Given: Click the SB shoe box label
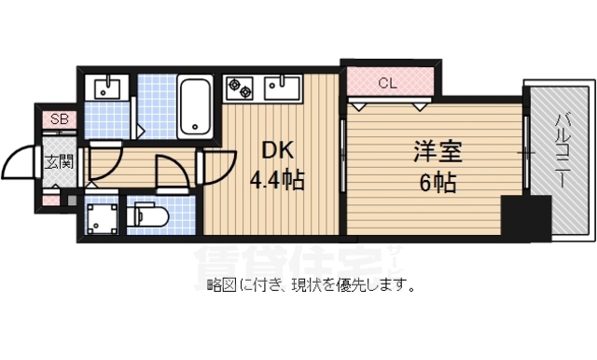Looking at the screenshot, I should (x=59, y=118).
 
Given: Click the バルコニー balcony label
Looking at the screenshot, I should (x=562, y=150).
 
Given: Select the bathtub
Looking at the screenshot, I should (x=197, y=106).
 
